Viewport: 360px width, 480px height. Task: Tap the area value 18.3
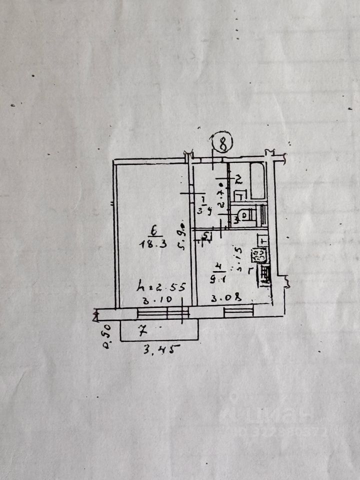(x=153, y=244)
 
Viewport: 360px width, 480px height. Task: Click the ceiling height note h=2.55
(x=162, y=287)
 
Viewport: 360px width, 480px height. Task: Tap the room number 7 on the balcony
(x=143, y=330)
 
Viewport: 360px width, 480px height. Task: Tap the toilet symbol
(x=244, y=215)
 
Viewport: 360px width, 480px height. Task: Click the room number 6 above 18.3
(x=154, y=231)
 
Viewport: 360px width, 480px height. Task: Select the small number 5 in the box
(x=206, y=235)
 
